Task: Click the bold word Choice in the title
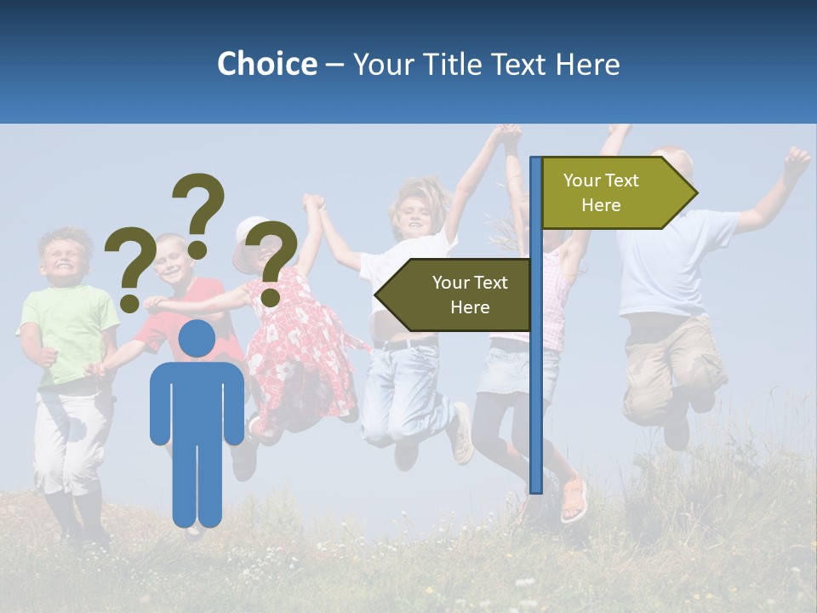coord(266,64)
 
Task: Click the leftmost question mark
coord(129,266)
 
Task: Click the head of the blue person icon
coord(197,339)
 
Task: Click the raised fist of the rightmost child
coord(797,159)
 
